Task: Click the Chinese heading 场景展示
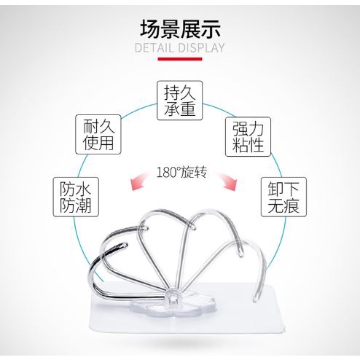coord(180,29)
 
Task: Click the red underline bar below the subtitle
coord(180,59)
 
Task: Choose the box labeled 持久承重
coord(180,101)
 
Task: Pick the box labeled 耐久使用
coord(98,134)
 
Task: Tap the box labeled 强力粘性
coord(248,136)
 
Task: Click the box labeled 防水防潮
coord(76,197)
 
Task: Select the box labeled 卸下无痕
coord(283,197)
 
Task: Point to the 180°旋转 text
coord(182,173)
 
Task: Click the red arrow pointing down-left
coord(141,181)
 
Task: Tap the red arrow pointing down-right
coord(225,181)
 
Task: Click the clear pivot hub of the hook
coord(172,299)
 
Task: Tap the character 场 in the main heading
coord(150,29)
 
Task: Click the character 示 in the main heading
coord(211,29)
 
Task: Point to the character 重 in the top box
coord(187,108)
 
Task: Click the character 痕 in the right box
coord(291,205)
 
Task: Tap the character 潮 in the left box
coord(83,205)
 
